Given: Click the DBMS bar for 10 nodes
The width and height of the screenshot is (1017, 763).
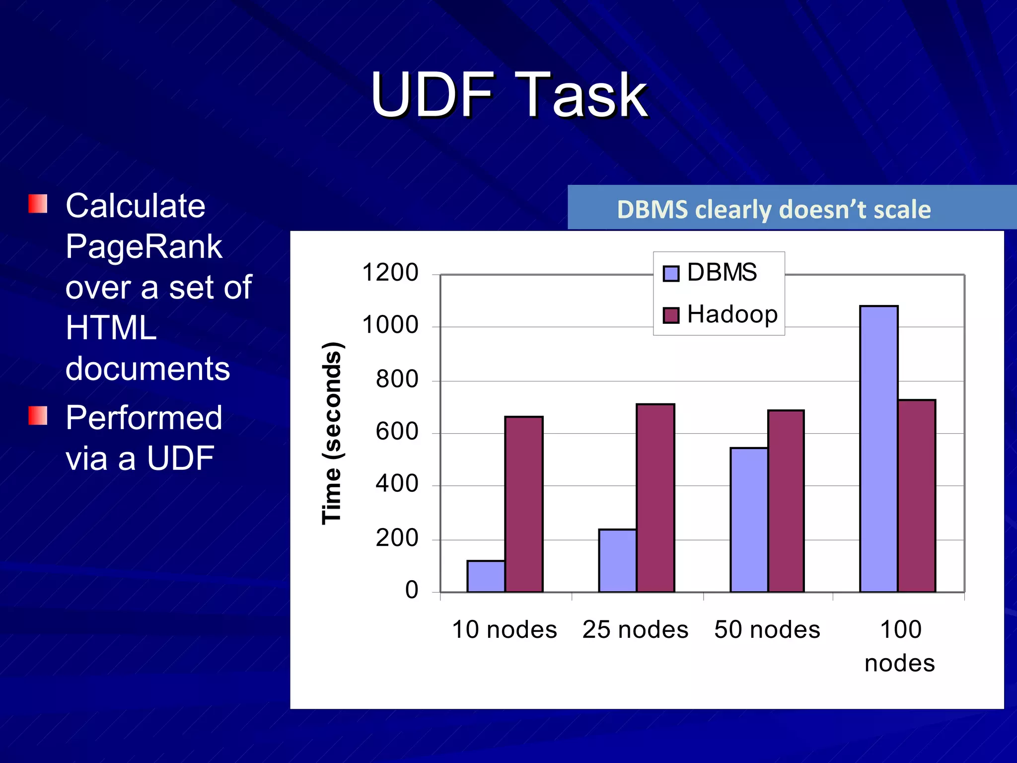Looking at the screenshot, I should (x=486, y=576).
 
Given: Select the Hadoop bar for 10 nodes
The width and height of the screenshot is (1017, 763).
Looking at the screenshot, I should (x=523, y=504).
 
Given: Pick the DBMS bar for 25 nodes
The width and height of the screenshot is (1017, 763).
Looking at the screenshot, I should (x=617, y=560).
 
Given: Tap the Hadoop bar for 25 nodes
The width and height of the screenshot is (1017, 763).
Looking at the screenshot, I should (x=655, y=498).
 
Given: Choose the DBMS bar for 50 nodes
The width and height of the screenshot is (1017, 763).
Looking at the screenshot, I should (x=749, y=520).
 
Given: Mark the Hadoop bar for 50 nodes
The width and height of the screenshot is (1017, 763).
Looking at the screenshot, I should (x=786, y=501).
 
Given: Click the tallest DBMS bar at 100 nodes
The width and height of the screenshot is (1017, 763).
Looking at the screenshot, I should (x=878, y=449).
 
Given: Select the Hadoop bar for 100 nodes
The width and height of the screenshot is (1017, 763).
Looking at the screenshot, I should (x=917, y=496).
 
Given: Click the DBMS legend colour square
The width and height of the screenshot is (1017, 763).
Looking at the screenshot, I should (x=671, y=273).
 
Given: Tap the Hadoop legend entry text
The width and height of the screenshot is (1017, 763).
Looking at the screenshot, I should (x=732, y=314).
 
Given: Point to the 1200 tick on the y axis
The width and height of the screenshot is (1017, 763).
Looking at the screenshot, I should (x=390, y=273).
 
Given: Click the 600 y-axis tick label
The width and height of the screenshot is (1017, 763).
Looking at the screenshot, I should (x=397, y=431).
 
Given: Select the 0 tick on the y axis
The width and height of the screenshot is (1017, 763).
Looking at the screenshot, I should (x=412, y=590).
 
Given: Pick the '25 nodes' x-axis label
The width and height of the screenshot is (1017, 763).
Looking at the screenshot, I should (x=635, y=629).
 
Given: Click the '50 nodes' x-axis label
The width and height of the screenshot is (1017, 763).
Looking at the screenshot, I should (x=767, y=629).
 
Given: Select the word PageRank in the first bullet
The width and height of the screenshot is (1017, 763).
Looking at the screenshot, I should (x=144, y=246).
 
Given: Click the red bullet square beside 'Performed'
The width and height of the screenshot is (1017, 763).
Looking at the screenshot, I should (x=38, y=416).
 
